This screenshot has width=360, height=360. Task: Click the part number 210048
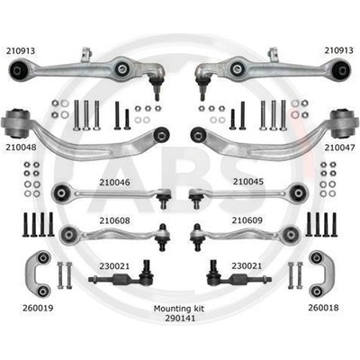coord(21,148)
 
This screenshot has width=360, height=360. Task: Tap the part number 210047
coord(339,148)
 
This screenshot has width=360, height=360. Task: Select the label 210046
coord(115,182)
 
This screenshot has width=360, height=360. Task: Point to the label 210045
coord(248,182)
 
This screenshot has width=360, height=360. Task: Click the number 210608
coord(115,220)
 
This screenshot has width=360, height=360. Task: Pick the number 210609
coord(247,220)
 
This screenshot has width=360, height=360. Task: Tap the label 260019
coord(38,308)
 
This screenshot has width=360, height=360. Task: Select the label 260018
coord(323,308)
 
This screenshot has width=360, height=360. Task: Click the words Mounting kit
coord(179,309)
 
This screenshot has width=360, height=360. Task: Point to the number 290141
coord(180,318)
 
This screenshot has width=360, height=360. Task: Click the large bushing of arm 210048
coord(17,122)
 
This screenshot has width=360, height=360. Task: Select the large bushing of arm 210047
coord(343,123)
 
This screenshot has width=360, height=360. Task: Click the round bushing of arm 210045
coord(299,193)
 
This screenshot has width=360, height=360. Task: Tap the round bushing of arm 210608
coord(69,234)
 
